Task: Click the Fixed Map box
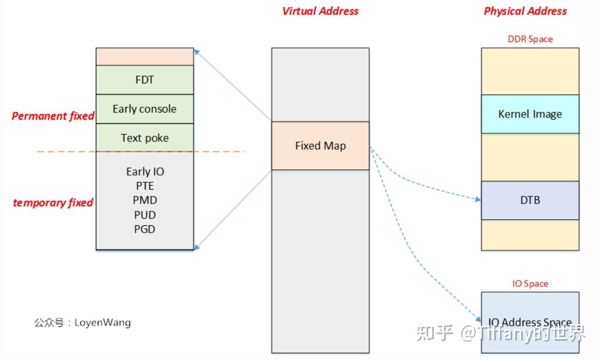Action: coord(320,146)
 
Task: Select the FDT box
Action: coord(144,80)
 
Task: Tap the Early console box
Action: coord(144,109)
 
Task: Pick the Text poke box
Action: coord(144,138)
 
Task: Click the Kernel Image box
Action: coord(530,114)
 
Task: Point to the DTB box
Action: coord(530,200)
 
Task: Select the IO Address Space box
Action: coord(530,322)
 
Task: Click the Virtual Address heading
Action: coord(320,11)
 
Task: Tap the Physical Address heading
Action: coord(525,11)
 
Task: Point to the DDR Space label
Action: coord(530,39)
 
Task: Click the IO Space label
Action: coord(530,283)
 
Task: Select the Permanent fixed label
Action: coord(53,116)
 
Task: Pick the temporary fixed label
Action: coord(53,203)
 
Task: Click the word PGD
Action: coord(144,229)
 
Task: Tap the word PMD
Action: coord(144,200)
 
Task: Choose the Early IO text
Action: coord(145,171)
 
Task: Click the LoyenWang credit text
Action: coord(83,322)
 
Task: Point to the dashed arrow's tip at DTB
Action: coord(479,199)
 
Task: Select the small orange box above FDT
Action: coord(144,56)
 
